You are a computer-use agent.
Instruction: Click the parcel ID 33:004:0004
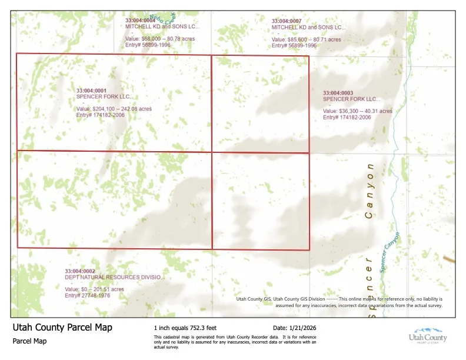coord(139,20)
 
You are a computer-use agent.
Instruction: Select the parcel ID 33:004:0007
coord(287,21)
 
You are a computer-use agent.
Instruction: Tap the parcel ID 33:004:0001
coord(91,91)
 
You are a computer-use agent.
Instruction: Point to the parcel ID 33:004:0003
coord(338,93)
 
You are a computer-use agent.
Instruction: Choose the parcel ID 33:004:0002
coord(79,271)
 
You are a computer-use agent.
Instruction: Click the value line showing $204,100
coord(114,109)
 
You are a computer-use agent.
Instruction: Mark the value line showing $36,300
coord(357,111)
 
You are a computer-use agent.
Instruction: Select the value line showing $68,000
coord(159,39)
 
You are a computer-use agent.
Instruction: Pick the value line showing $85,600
coord(306,39)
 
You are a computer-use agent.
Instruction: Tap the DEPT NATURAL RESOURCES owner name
coord(114,277)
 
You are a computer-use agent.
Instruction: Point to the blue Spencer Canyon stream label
coord(390,252)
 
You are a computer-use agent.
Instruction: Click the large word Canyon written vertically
coord(370,191)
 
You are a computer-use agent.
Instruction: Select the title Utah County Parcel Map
coord(62,328)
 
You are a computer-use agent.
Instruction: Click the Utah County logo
coord(428,335)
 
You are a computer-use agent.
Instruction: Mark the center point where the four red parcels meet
coord(211,152)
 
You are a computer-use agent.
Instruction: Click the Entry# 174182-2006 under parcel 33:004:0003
coord(347,117)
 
